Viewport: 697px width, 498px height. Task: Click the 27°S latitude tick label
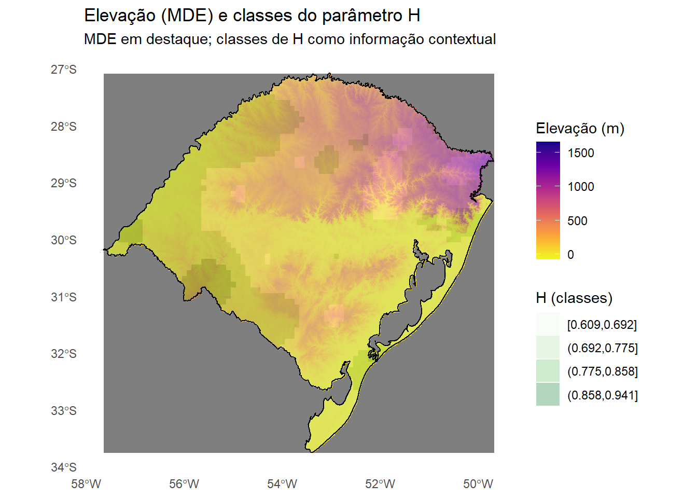point(63,70)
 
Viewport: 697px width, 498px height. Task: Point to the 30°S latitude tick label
point(63,240)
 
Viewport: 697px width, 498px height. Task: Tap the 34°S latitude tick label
point(63,467)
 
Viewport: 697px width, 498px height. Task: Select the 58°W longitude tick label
point(86,484)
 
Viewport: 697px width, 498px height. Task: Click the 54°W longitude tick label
point(282,484)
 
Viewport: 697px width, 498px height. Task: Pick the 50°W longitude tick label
point(478,484)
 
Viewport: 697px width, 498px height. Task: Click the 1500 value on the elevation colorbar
point(581,153)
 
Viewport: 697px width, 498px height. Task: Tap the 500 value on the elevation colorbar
point(577,221)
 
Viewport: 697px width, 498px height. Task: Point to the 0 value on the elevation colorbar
point(570,255)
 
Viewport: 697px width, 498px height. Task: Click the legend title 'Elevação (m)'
point(580,129)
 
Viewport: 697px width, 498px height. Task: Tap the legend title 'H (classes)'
point(574,298)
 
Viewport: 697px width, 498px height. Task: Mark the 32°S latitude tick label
point(63,354)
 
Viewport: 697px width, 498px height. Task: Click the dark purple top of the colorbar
point(548,145)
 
